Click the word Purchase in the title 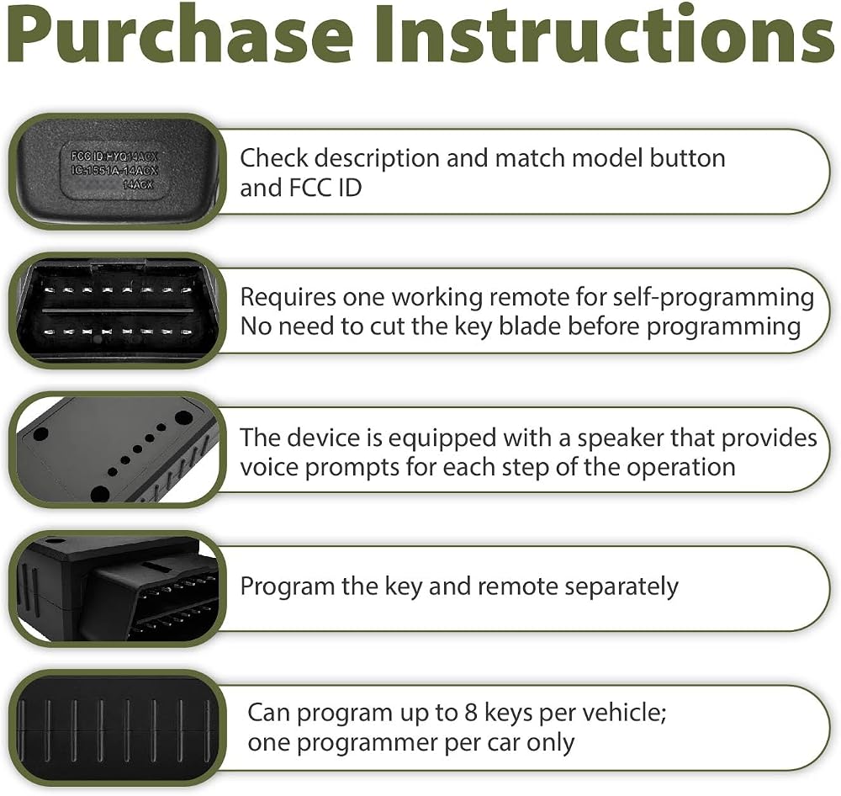[x=180, y=37]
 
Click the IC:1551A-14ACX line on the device [x=114, y=171]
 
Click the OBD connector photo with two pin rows [x=117, y=310]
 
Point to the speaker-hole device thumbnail [x=117, y=449]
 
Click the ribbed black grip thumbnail [x=117, y=728]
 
